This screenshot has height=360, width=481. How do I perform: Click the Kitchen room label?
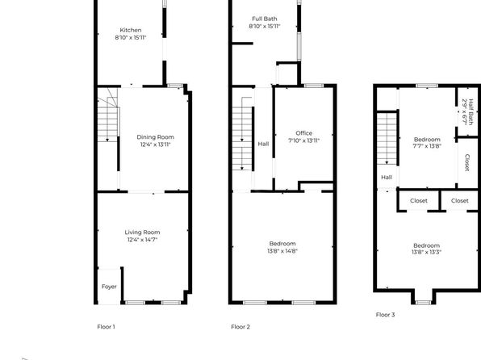click(x=131, y=30)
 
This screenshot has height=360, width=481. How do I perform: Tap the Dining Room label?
click(x=155, y=137)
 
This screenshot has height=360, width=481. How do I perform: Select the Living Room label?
click(x=142, y=232)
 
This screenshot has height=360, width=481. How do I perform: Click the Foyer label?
click(x=109, y=287)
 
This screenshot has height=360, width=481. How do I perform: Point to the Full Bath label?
click(x=265, y=19)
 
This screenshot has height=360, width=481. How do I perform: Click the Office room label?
click(x=304, y=133)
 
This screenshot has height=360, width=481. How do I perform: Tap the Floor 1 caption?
click(x=107, y=327)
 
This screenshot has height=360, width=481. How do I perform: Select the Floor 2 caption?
click(x=240, y=327)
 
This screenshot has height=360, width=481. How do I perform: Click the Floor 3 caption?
click(x=386, y=315)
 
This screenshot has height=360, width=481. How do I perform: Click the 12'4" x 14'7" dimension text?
click(x=142, y=240)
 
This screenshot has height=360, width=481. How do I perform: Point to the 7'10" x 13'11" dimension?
click(x=304, y=141)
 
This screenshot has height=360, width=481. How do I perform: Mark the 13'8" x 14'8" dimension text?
click(x=282, y=251)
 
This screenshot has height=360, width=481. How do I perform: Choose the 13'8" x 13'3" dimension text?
click(x=426, y=253)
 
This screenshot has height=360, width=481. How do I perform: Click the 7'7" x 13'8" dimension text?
click(x=427, y=146)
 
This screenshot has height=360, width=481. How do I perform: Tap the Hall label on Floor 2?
click(x=263, y=144)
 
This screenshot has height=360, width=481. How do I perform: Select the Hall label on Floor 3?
click(x=387, y=178)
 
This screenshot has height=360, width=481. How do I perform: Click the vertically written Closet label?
click(x=467, y=162)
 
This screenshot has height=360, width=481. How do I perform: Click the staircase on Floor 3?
click(x=387, y=138)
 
